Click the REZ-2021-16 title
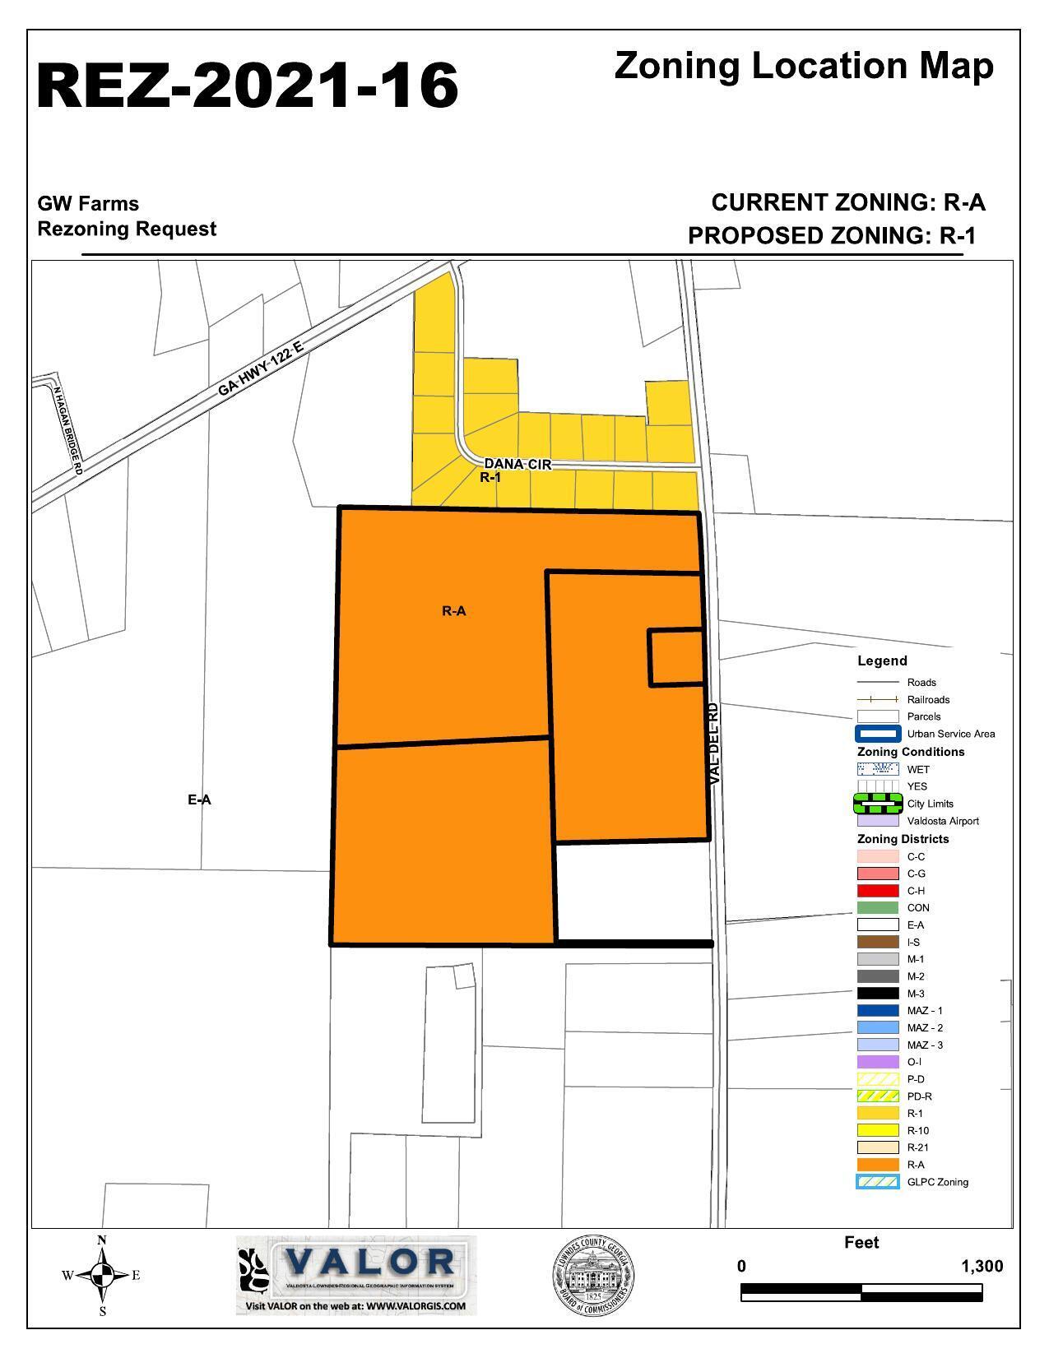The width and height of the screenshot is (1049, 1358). (247, 86)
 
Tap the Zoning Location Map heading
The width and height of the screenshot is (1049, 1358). (803, 66)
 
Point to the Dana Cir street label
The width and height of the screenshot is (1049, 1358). (517, 465)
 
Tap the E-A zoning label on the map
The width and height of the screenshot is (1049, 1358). (199, 800)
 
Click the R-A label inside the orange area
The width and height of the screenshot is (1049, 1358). (454, 611)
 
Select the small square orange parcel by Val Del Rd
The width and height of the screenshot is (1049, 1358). (676, 657)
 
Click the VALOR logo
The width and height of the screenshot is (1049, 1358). (356, 1274)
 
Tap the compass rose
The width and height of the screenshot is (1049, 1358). (102, 1276)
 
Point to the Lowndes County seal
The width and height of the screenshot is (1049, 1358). (592, 1276)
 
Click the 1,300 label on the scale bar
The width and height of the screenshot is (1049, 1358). (982, 1267)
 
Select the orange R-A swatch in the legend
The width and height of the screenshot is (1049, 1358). (877, 1165)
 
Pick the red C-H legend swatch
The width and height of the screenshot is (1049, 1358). (877, 891)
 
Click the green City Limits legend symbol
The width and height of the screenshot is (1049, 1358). (877, 804)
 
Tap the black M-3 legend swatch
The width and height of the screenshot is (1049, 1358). (877, 994)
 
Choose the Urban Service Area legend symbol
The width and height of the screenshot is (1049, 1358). (877, 734)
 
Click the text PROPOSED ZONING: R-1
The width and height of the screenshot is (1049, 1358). (831, 236)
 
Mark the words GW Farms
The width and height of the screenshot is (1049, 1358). (88, 204)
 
